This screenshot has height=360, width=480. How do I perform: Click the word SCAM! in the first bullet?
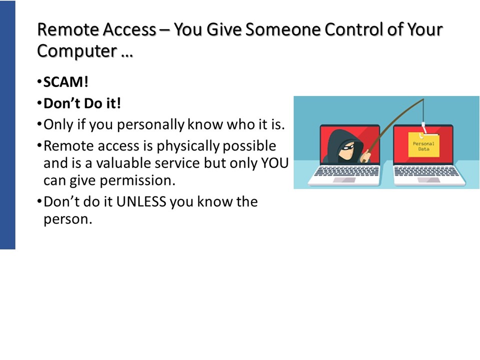[66, 82]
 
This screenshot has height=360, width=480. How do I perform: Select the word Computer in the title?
[77, 51]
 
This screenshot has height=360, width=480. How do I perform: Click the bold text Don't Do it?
[82, 103]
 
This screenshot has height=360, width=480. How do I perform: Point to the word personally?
[150, 125]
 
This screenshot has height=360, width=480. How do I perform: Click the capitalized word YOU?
[274, 163]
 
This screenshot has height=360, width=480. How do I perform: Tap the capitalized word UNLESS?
[141, 202]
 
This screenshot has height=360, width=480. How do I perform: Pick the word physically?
[188, 146]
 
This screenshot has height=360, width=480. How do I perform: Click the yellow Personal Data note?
[423, 145]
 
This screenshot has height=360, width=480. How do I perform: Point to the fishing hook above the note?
[423, 129]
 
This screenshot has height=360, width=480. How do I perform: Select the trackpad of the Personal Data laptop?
[428, 180]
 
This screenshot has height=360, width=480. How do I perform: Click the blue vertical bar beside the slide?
[7, 125]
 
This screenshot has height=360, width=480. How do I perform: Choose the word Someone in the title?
[283, 29]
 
